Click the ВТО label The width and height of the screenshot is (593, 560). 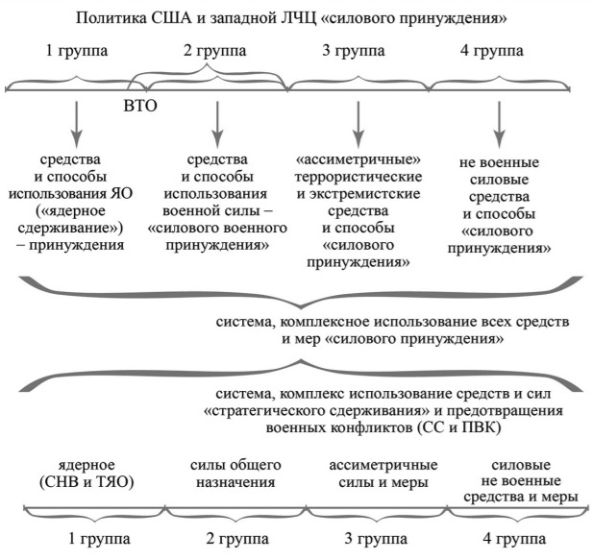click(140, 106)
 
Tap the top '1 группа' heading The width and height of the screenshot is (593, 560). click(77, 51)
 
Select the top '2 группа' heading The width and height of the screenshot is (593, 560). click(215, 51)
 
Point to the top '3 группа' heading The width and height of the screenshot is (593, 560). click(354, 51)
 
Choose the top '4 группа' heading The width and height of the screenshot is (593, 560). click(492, 51)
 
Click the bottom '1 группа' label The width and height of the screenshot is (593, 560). click(99, 539)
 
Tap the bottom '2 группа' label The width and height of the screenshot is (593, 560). click(237, 539)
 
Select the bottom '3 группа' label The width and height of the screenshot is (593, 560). click(376, 539)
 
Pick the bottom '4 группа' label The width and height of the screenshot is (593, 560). click(514, 539)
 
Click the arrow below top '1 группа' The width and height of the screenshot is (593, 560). click(77, 125)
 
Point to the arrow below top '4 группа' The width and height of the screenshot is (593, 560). click(500, 125)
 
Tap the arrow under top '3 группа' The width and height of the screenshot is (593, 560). click(358, 125)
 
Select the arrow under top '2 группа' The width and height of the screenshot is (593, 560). click(217, 125)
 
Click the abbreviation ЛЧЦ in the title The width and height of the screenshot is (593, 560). click(299, 18)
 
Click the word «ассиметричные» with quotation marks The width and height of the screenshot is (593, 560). click(358, 159)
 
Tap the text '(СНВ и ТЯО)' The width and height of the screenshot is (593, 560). click(86, 482)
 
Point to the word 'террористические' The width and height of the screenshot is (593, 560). click(358, 177)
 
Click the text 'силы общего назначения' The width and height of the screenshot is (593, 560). click(235, 474)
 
